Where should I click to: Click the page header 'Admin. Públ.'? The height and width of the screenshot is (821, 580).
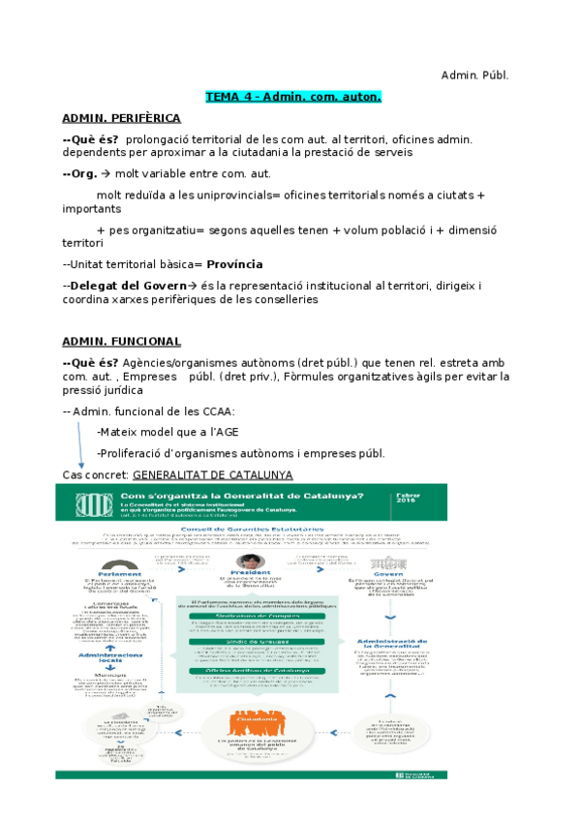tap(474, 75)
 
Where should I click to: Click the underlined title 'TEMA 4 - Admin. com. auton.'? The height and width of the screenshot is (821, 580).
tap(293, 97)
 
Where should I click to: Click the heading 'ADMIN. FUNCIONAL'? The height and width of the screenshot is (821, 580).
tap(121, 341)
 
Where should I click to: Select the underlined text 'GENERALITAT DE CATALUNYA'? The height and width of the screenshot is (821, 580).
tap(212, 474)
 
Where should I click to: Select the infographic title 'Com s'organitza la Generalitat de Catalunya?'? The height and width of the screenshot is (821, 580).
tap(241, 496)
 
